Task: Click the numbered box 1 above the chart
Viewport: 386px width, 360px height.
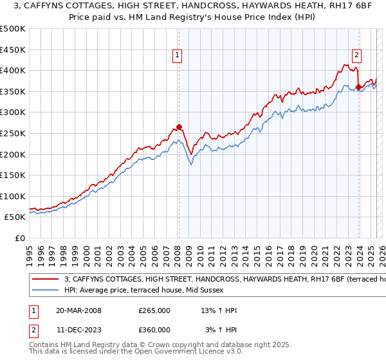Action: click(x=177, y=56)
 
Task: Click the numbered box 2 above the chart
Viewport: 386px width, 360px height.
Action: click(x=356, y=56)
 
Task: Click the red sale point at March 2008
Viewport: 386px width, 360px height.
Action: click(x=179, y=127)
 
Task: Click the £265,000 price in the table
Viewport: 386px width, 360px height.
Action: click(x=154, y=310)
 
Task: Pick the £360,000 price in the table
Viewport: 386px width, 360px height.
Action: click(x=154, y=330)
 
